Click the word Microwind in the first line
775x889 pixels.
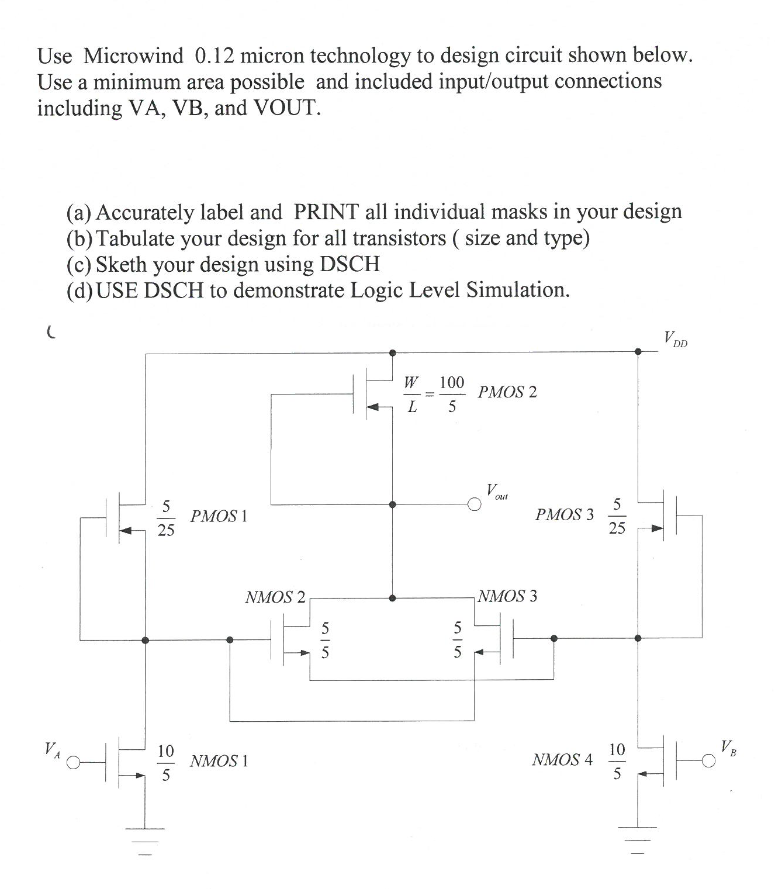point(133,56)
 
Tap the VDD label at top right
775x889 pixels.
point(676,338)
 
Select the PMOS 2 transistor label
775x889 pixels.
point(507,392)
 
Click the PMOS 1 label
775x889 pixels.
point(219,516)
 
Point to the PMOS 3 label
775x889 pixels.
point(564,514)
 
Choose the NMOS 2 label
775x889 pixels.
point(275,597)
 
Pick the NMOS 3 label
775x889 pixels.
point(507,596)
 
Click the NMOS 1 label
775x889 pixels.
point(219,760)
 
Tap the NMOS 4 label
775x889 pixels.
point(562,759)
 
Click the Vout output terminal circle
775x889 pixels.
point(474,504)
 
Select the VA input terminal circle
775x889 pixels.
point(73,763)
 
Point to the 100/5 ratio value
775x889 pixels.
point(452,394)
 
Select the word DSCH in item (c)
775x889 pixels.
point(350,264)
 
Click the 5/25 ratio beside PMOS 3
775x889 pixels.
point(617,516)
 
